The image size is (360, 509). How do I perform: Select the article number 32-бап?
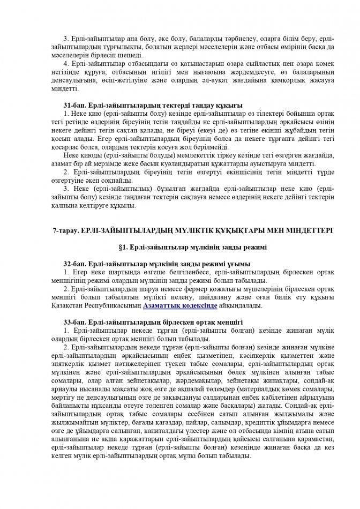click(x=73, y=264)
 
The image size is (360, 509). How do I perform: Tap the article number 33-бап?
click(x=73, y=322)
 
